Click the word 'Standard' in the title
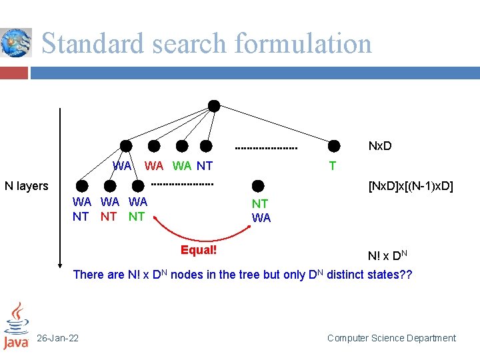93,43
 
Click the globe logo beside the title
16,43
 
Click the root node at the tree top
214,105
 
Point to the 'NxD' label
380,146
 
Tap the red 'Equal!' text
199,250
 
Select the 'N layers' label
27,186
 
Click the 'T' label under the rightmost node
332,165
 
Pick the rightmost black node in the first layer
334,146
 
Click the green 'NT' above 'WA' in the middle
260,204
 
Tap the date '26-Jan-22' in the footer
57,338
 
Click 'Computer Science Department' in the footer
391,338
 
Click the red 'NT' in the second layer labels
109,216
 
